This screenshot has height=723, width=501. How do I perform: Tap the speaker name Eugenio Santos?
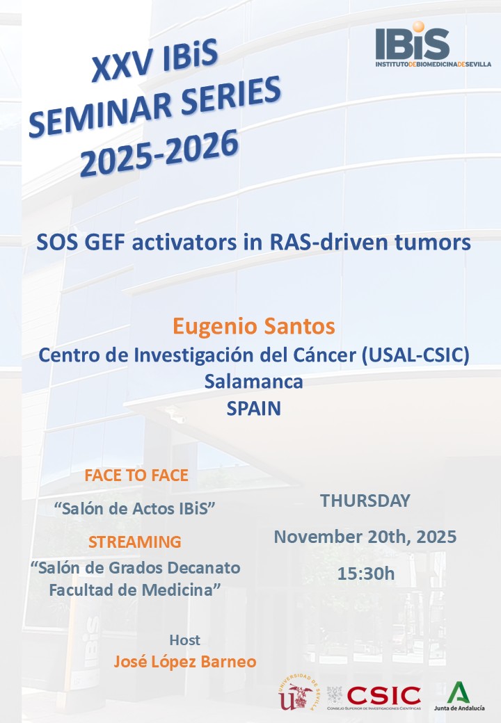coord(254,326)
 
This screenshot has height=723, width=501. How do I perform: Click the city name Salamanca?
coord(254,381)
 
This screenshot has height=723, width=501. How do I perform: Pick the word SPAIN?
coord(254,408)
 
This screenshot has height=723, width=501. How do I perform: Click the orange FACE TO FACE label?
coord(136,476)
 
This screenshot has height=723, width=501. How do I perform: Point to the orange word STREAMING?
coord(135,541)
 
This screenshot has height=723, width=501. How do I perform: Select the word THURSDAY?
coord(365,501)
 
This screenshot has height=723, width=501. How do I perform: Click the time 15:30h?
coord(365,574)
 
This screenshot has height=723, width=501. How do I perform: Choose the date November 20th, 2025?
coord(365,537)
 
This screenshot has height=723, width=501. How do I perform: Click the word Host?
coord(184,640)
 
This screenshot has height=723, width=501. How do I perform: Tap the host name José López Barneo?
coord(185,662)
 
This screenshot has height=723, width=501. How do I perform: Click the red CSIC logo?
coord(383,694)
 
